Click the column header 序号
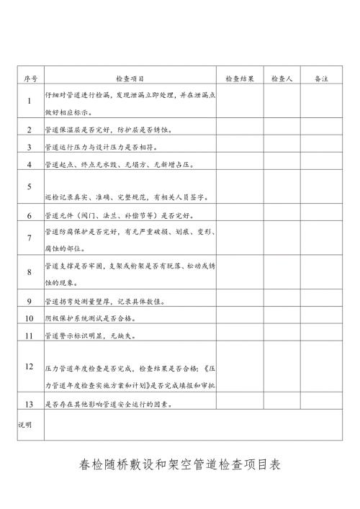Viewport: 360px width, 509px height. (x=30, y=78)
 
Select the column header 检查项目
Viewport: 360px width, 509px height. (x=130, y=78)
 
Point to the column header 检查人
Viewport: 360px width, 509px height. (x=281, y=78)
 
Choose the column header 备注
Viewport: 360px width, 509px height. (x=322, y=78)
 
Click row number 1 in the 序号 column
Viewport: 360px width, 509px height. (x=30, y=102)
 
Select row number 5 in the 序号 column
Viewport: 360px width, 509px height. (x=30, y=187)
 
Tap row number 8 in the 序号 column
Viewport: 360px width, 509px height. (x=30, y=272)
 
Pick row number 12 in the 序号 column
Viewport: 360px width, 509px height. (x=30, y=366)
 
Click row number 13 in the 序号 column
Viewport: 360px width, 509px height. (x=30, y=404)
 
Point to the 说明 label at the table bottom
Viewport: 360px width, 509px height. (x=25, y=425)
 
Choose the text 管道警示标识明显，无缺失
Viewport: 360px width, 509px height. (x=86, y=335)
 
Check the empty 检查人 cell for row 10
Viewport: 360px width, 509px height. (x=281, y=317)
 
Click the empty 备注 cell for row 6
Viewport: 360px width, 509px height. (x=322, y=215)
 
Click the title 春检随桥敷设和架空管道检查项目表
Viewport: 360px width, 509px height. (x=179, y=465)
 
